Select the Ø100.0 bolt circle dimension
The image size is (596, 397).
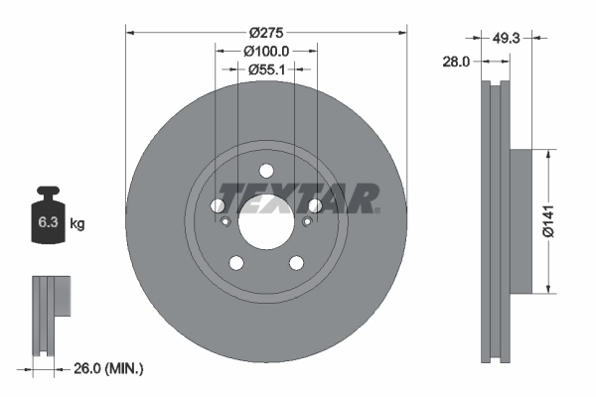tap(266, 51)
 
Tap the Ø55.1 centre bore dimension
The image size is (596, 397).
tap(266, 69)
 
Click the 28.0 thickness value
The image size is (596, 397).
tap(456, 62)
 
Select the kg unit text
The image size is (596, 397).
tap(77, 224)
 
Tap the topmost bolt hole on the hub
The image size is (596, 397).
tap(266, 170)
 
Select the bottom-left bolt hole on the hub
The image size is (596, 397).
tap(236, 262)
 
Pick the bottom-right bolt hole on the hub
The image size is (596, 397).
tap(296, 262)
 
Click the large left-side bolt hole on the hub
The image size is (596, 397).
tap(219, 205)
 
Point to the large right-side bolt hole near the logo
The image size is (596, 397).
tap(315, 205)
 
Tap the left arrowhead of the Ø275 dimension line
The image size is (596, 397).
tap(130, 32)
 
